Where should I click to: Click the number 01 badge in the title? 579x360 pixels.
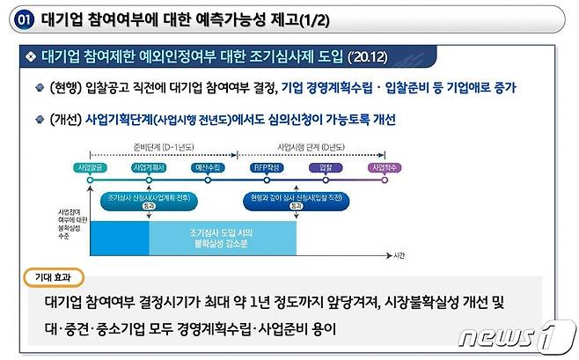[26, 18]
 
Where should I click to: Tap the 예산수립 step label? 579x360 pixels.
[209, 166]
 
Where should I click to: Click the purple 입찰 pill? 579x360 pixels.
[324, 166]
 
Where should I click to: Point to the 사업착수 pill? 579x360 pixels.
[384, 166]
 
